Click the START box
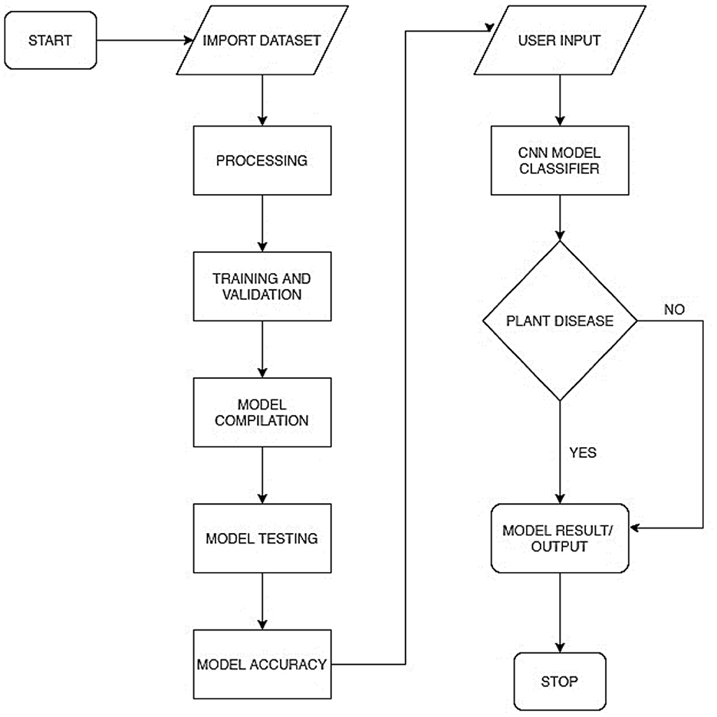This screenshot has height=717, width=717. point(51,39)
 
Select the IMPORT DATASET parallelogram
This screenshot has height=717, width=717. point(262,39)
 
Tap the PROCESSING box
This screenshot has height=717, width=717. point(262,160)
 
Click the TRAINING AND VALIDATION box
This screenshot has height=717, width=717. point(262,286)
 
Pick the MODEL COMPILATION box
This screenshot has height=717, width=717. point(262,412)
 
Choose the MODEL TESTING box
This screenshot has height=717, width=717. point(262,538)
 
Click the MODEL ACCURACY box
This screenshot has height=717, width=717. point(262,664)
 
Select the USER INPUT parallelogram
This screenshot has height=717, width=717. point(559,39)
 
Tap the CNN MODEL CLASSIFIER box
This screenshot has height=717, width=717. point(559,160)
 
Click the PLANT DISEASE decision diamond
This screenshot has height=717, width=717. point(559,321)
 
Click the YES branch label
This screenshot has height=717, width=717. point(583,452)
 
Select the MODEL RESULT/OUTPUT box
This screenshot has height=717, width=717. point(559,538)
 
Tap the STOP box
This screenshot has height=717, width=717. point(559,681)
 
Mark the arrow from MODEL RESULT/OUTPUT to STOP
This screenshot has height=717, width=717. point(559,612)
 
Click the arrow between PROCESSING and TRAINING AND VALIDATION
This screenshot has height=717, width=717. point(262,223)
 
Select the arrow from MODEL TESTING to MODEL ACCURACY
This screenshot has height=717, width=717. point(262,600)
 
